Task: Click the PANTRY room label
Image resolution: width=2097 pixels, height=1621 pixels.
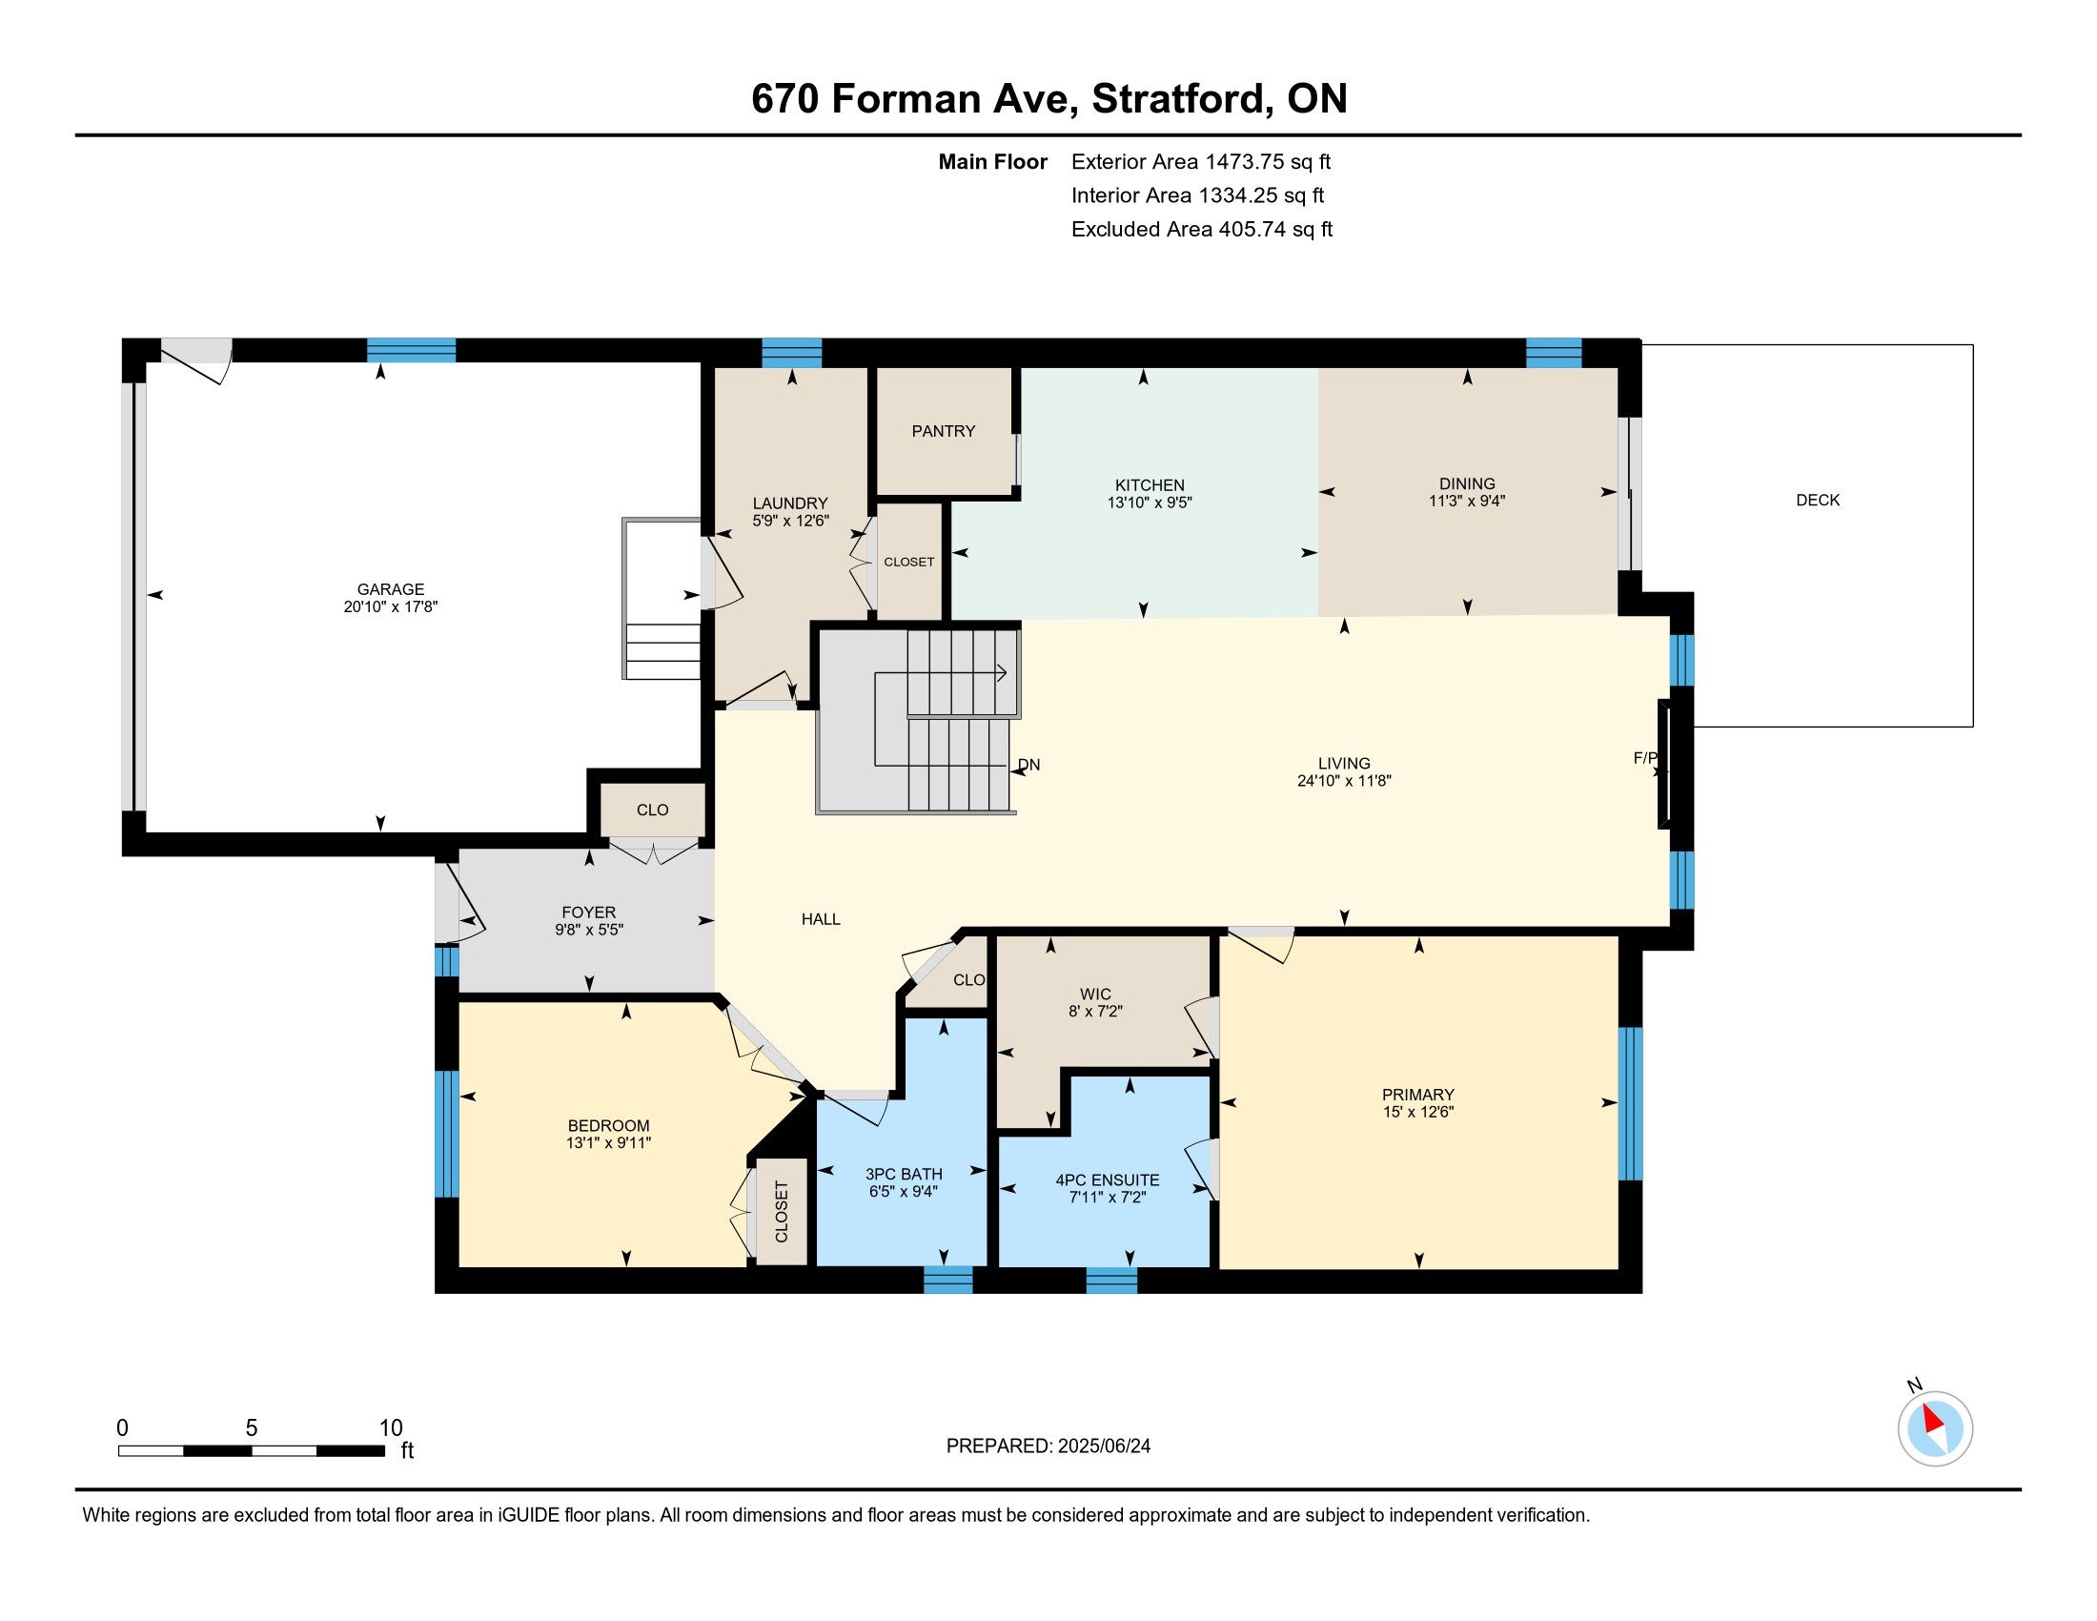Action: click(x=943, y=431)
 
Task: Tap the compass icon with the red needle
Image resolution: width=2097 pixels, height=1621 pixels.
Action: click(x=1935, y=1428)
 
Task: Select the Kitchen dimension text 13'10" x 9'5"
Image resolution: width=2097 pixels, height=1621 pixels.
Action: click(x=1150, y=503)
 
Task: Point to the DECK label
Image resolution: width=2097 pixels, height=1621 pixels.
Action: click(x=1818, y=500)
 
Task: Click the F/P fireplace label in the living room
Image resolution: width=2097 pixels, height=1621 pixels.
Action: click(x=1645, y=758)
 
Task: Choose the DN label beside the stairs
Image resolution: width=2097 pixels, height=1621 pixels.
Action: click(x=1028, y=765)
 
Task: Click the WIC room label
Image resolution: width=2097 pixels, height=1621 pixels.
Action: click(x=1095, y=994)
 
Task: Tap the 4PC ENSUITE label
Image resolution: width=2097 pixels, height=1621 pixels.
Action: click(x=1107, y=1180)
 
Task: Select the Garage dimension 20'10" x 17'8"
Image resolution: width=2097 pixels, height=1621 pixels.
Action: click(x=391, y=606)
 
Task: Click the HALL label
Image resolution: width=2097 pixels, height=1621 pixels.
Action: click(x=821, y=919)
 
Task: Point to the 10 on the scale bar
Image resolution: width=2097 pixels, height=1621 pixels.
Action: click(x=391, y=1427)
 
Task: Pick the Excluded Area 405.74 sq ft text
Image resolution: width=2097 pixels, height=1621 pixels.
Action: click(x=1202, y=230)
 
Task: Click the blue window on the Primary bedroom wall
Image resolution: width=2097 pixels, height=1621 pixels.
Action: click(x=1630, y=1103)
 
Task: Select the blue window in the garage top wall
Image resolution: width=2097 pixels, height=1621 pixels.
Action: click(x=411, y=350)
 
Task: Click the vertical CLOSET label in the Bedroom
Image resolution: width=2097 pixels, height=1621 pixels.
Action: click(x=781, y=1212)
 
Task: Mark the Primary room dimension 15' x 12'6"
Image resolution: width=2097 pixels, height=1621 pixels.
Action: click(x=1418, y=1112)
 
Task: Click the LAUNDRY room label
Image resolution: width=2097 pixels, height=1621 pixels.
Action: click(x=790, y=503)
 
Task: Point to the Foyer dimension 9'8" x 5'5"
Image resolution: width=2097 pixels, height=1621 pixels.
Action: click(x=589, y=930)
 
